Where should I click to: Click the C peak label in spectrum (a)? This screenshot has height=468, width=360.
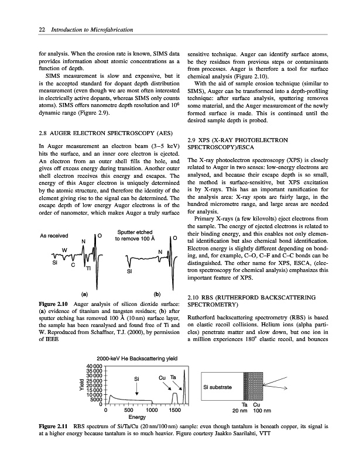pyautogui.click(x=73, y=265)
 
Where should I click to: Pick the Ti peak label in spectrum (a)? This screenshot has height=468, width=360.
pyautogui.click(x=88, y=269)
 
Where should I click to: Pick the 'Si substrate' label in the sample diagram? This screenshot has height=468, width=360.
pyautogui.click(x=218, y=387)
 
